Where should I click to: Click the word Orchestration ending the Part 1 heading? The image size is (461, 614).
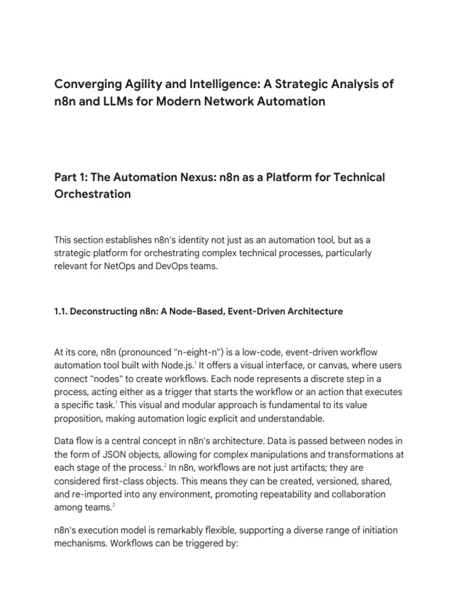(92, 195)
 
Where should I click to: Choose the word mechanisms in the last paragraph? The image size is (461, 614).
(80, 545)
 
